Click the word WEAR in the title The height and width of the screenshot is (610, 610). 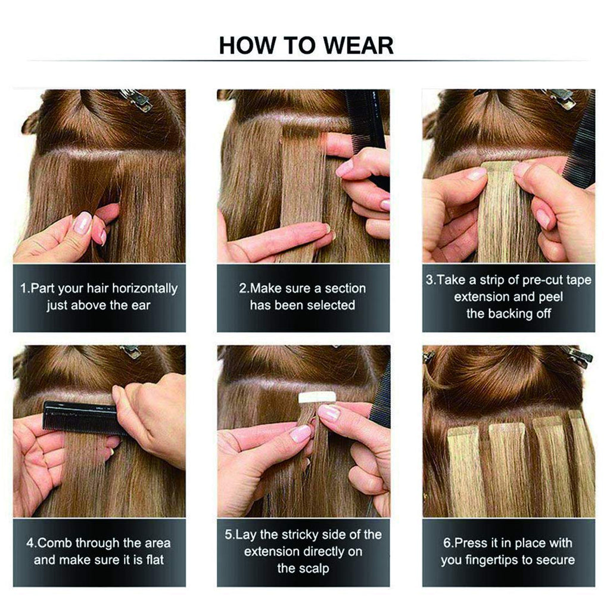coord(358,45)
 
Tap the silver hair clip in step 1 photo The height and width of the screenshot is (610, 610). coord(136,99)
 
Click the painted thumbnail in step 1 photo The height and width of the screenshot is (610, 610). coord(82,223)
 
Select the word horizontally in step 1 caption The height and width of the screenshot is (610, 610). coord(145,288)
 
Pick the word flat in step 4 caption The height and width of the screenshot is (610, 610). coord(155,560)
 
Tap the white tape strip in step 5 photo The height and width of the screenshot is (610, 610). coord(317,397)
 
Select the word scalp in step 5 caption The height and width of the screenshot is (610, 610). coord(313,568)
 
